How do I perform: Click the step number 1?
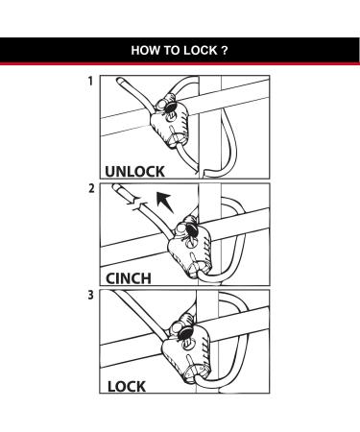click(x=90, y=83)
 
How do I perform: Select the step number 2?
click(x=90, y=188)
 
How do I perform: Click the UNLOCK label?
click(x=134, y=171)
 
